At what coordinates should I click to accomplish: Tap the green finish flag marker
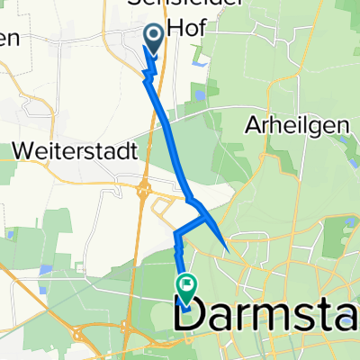[x=186, y=286]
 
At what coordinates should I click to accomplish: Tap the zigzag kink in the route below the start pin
[x=150, y=68]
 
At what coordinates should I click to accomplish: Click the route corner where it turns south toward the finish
[x=177, y=236]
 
